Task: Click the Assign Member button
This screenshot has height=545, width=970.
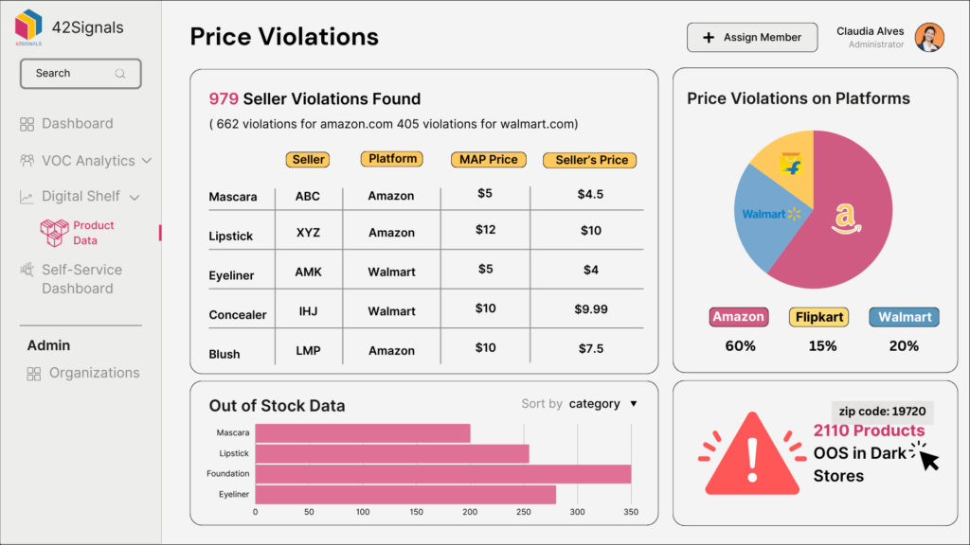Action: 751,38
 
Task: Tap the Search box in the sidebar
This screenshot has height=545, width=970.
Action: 81,74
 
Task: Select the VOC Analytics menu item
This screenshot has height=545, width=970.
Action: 87,161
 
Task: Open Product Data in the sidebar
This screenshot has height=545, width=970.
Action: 93,233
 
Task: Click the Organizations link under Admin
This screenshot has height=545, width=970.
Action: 94,373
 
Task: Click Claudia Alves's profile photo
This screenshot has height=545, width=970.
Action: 929,38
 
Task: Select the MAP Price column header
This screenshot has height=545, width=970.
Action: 488,160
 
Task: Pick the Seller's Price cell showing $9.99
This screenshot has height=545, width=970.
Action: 591,309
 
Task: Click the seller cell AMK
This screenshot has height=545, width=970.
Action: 308,272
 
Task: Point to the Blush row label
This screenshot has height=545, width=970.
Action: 225,354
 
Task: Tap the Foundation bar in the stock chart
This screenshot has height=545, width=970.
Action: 442,474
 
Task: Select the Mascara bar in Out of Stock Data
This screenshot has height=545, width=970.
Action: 363,433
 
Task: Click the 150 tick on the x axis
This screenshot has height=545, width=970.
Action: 417,512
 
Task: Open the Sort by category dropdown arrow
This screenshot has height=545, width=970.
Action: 634,404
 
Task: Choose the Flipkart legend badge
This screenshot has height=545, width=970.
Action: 818,317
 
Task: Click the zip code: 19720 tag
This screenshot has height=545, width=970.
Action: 882,412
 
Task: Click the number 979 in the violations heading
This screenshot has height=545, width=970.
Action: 224,99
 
